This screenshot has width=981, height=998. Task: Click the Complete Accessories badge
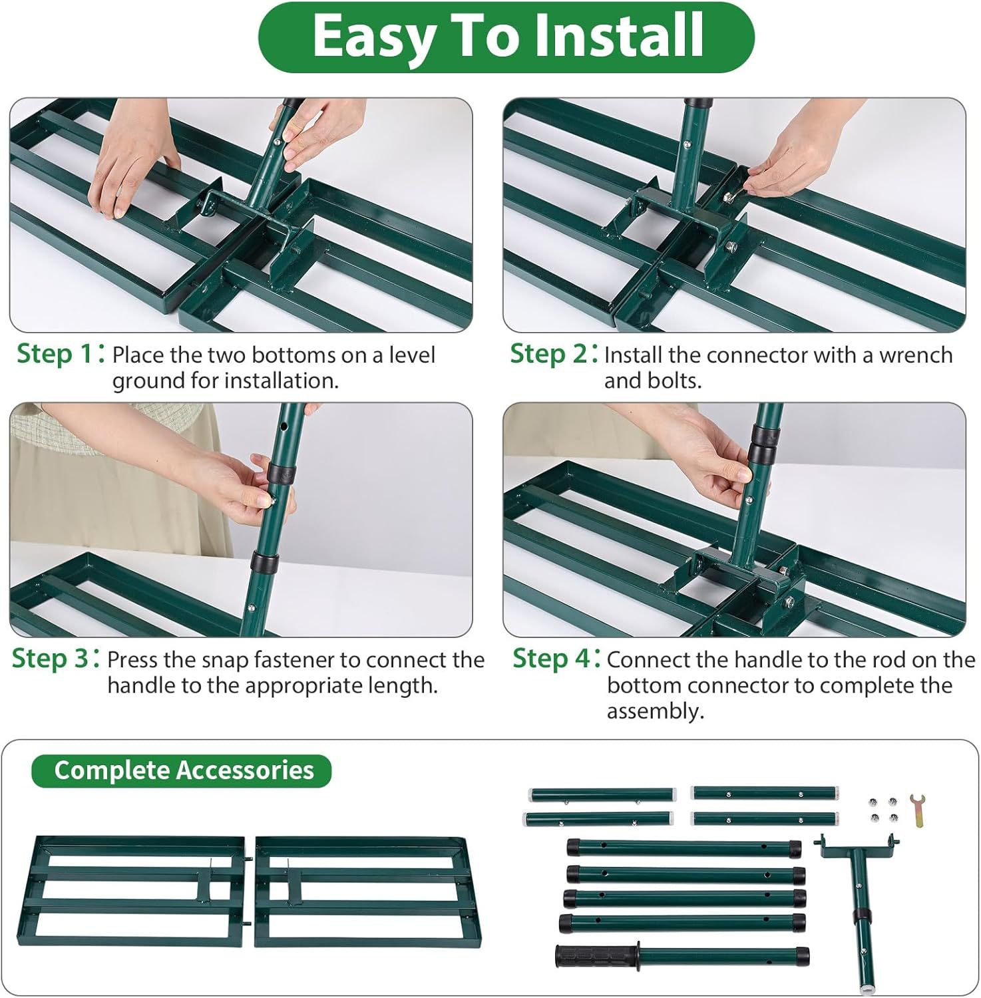182,770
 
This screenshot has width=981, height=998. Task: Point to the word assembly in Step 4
655,712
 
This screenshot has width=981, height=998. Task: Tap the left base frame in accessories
134,892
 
